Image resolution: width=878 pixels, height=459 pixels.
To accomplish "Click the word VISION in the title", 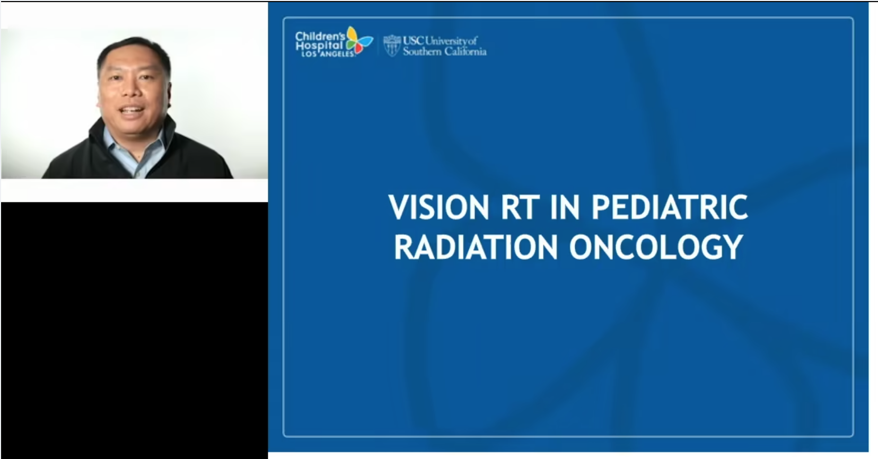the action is tap(438, 207).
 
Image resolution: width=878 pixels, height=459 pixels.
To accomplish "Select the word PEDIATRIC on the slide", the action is tap(670, 207).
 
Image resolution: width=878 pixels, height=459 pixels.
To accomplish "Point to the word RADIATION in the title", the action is tap(476, 247).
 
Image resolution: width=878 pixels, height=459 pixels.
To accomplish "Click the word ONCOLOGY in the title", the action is tap(656, 247).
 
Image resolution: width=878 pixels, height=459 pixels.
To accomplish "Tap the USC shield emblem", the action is tap(392, 46).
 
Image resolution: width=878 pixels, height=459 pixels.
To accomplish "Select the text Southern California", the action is tap(444, 51).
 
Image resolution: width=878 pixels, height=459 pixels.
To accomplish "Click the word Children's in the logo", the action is tap(320, 37).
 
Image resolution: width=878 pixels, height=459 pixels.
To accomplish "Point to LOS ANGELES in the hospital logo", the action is tap(328, 54).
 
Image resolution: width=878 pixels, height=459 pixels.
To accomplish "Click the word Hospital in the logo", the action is tap(319, 46).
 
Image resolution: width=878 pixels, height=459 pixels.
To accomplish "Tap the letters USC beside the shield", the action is tap(413, 40).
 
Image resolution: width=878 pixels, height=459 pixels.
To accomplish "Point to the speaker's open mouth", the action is tap(132, 111).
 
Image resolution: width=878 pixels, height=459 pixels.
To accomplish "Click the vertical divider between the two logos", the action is tap(378, 46).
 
